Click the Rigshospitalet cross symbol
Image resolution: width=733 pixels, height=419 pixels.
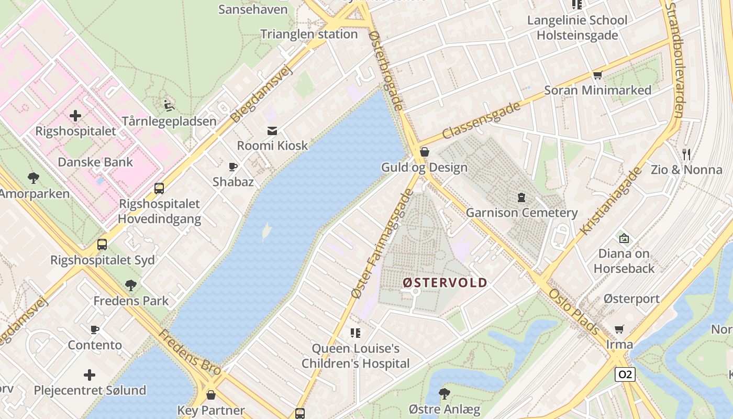[75, 115]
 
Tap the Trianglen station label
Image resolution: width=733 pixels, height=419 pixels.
[309, 35]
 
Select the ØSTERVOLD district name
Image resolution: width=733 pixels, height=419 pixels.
[445, 283]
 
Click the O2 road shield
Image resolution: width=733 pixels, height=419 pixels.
[625, 374]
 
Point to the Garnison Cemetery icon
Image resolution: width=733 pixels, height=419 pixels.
[521, 197]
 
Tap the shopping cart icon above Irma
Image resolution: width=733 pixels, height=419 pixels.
[619, 329]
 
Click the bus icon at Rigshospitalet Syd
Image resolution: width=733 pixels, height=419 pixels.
[102, 245]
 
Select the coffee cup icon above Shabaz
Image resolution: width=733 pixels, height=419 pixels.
[233, 167]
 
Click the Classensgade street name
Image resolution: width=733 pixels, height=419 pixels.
[482, 120]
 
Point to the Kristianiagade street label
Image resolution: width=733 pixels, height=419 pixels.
[611, 201]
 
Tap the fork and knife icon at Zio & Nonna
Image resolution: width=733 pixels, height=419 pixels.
[686, 154]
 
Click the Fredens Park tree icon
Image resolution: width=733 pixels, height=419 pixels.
[131, 285]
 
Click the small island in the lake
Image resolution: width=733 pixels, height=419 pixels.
[266, 232]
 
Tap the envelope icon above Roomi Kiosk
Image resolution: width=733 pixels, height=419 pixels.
[272, 130]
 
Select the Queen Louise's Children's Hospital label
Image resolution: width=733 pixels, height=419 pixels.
[356, 356]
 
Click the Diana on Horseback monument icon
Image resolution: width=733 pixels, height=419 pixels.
[624, 238]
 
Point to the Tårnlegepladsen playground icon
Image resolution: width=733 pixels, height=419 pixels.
[169, 106]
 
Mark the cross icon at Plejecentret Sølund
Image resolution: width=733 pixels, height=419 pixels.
[90, 375]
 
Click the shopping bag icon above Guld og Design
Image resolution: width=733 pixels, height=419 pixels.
[425, 152]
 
